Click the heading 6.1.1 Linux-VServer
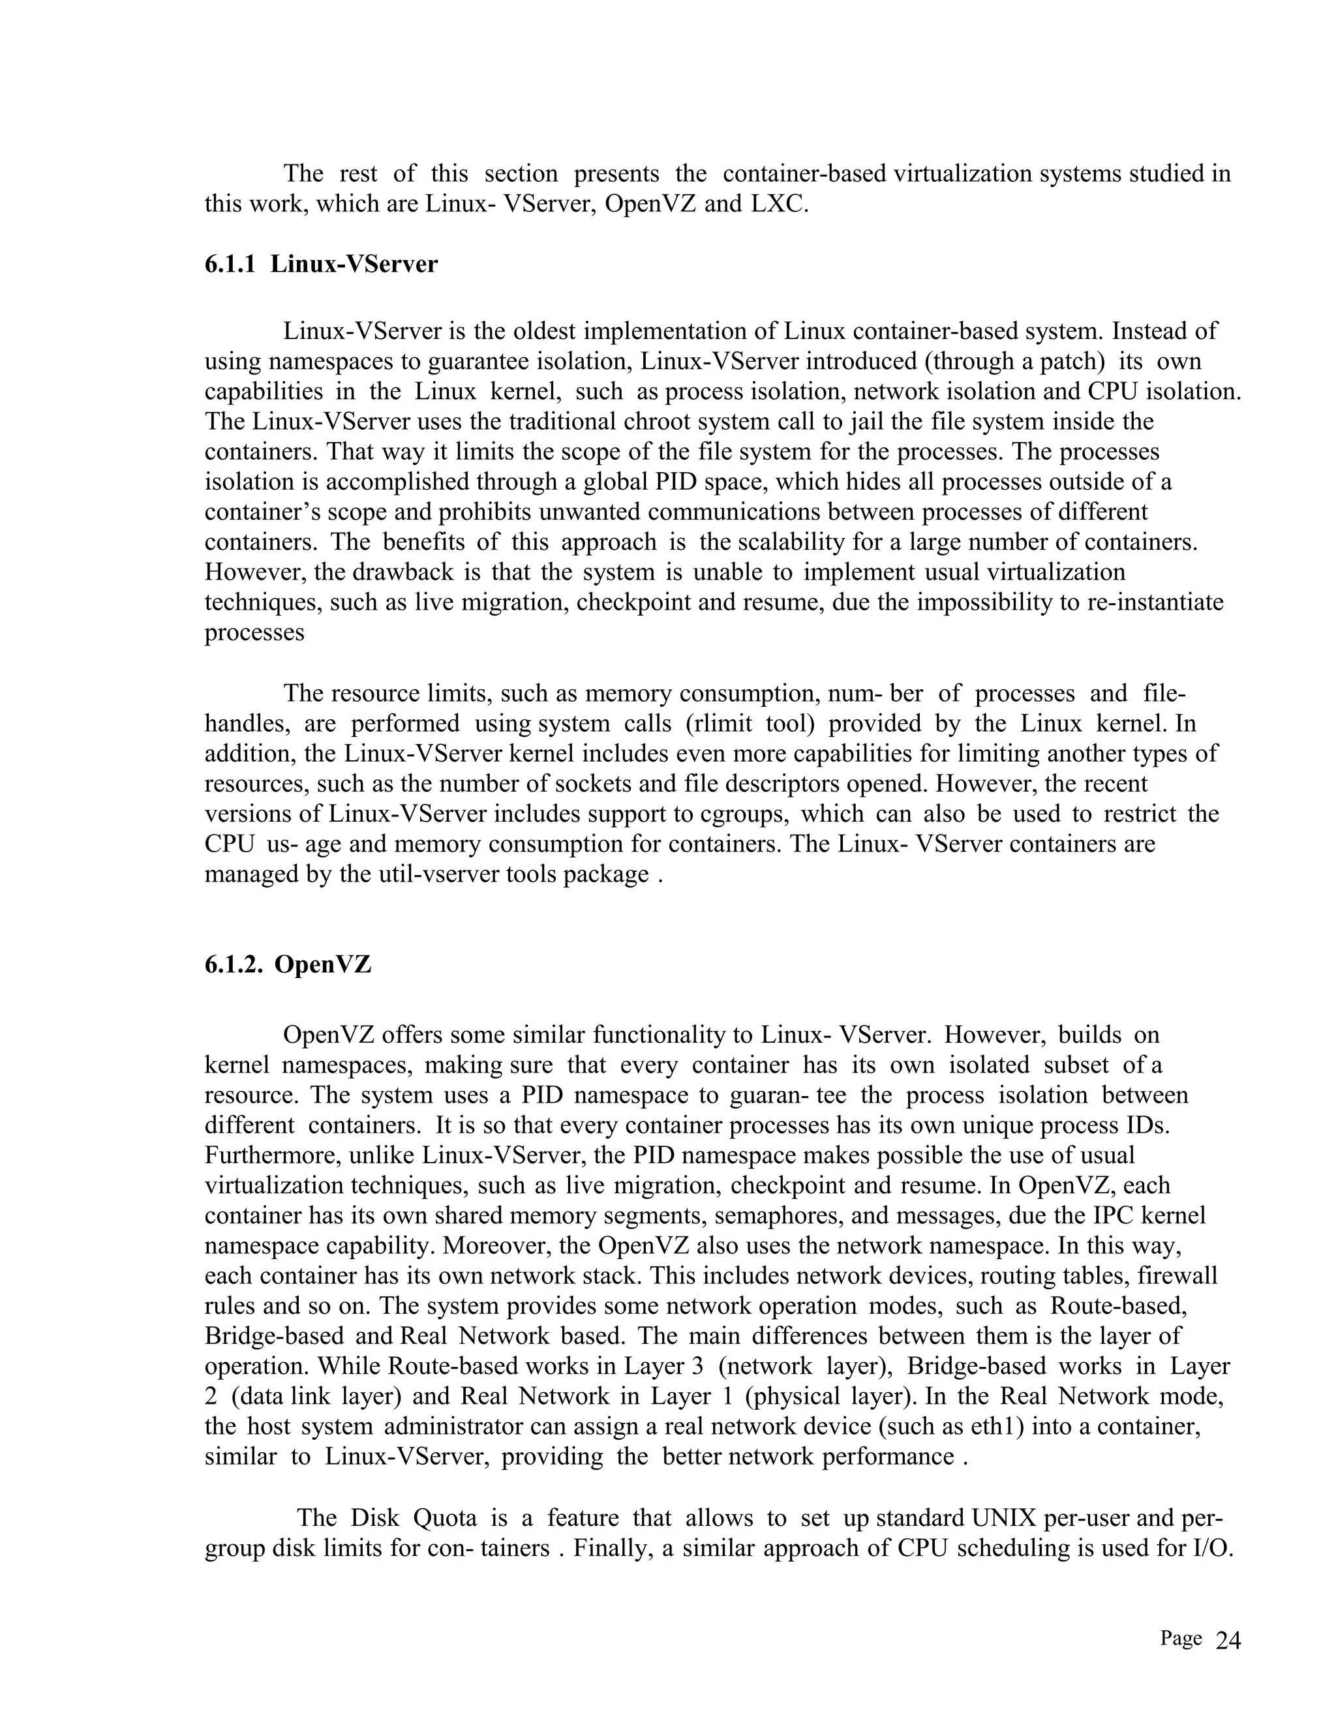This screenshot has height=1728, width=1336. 320,264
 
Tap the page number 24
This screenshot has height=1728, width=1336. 1228,1642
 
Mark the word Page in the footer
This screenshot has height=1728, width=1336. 1181,1639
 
